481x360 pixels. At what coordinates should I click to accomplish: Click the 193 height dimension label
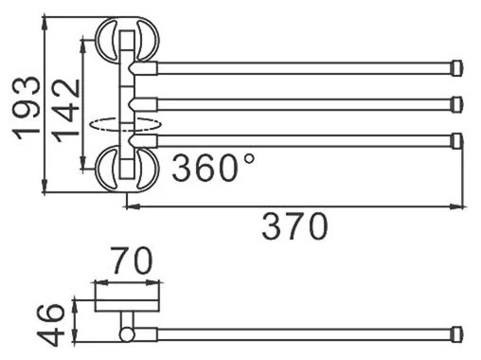click(x=27, y=108)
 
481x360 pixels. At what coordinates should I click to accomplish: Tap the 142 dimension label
click(x=65, y=111)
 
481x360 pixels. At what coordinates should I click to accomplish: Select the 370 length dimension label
click(x=295, y=226)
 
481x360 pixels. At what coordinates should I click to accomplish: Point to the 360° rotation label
click(x=213, y=167)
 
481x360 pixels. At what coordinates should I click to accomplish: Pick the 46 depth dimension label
click(x=50, y=324)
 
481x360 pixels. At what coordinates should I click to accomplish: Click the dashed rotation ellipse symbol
click(x=126, y=124)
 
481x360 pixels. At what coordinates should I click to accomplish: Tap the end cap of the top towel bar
click(x=458, y=68)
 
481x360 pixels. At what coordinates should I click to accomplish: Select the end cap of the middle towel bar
click(x=458, y=104)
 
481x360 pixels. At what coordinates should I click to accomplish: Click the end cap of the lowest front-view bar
click(x=458, y=141)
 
